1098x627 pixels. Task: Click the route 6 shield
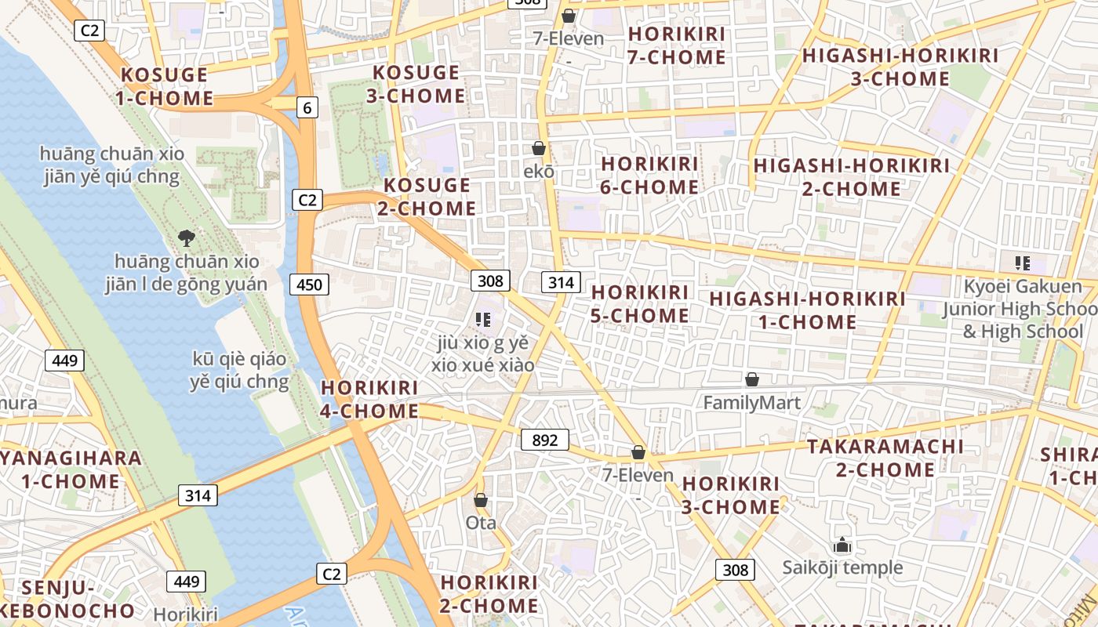307,107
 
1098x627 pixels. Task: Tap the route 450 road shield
309,285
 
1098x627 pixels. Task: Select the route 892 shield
544,440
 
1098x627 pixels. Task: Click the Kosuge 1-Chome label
165,86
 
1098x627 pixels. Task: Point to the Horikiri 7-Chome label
676,45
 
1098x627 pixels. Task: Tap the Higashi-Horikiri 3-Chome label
900,67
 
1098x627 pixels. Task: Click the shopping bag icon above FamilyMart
752,379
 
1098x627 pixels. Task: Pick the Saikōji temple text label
842,567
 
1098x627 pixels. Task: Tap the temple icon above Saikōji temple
842,545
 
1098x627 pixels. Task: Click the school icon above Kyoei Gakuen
1022,263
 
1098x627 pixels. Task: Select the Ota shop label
481,522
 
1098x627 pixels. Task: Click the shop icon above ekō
538,148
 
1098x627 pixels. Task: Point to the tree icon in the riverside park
186,237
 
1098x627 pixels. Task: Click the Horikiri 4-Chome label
369,399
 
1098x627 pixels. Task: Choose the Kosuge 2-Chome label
429,197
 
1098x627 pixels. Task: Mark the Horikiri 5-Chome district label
640,303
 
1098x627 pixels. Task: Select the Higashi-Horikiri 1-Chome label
807,310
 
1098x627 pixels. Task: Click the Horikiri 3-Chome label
730,495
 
